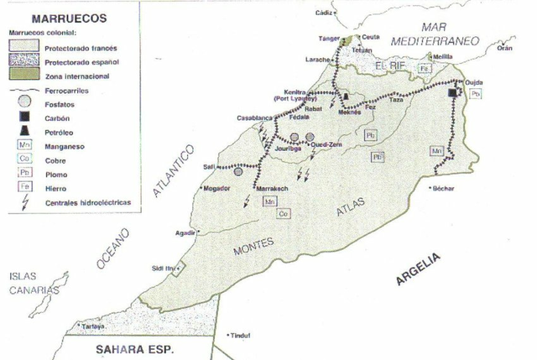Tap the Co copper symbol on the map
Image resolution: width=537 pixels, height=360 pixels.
pos(283,214)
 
